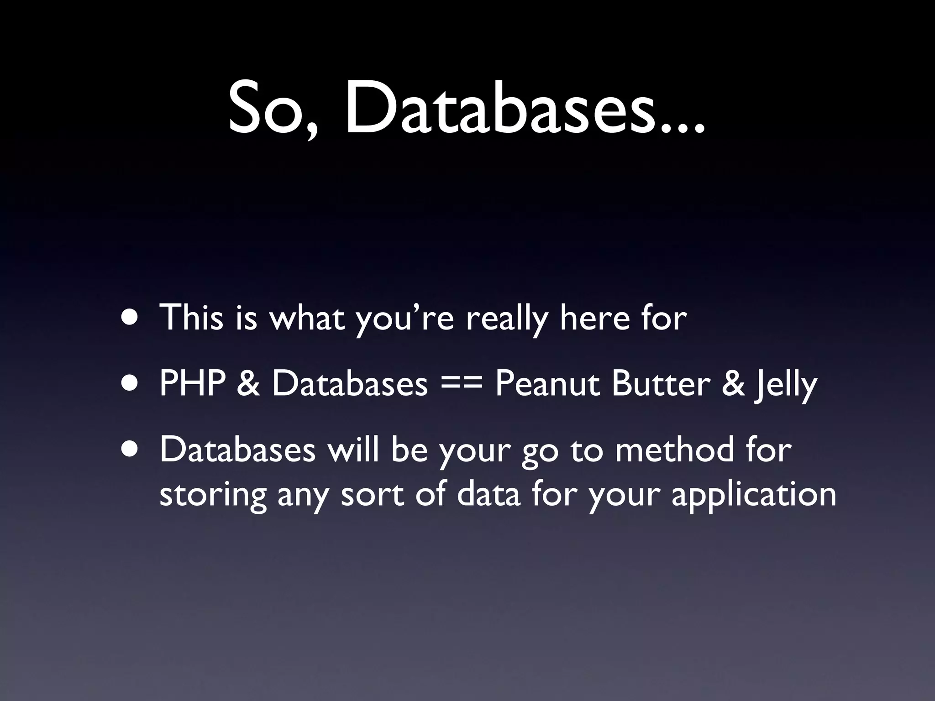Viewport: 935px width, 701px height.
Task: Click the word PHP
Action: tap(192, 383)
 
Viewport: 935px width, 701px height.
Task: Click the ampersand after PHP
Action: tap(248, 383)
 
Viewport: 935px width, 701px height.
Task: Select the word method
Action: tap(674, 450)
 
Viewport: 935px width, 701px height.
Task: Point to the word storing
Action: tap(213, 495)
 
